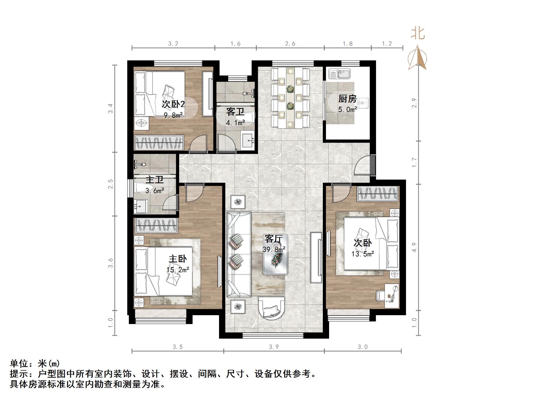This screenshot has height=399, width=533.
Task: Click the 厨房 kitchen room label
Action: pos(347,99)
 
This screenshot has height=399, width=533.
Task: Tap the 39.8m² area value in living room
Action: pos(274,250)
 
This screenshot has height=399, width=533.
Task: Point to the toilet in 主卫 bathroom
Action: pos(142,188)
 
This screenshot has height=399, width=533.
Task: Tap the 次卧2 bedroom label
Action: pos(173,104)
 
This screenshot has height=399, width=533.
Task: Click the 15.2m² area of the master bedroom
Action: pos(178,270)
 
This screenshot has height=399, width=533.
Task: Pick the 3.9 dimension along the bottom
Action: pos(274,347)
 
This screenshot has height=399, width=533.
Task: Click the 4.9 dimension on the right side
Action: pos(415,247)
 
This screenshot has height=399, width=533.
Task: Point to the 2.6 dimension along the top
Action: pos(290,44)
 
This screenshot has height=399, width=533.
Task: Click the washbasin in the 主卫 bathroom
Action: pos(141,206)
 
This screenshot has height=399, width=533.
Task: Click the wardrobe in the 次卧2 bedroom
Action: pos(159,143)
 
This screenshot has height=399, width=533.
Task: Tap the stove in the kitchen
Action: pos(363,103)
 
